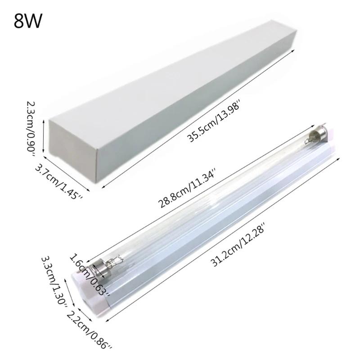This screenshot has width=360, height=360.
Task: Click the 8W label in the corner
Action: [x=27, y=21]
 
